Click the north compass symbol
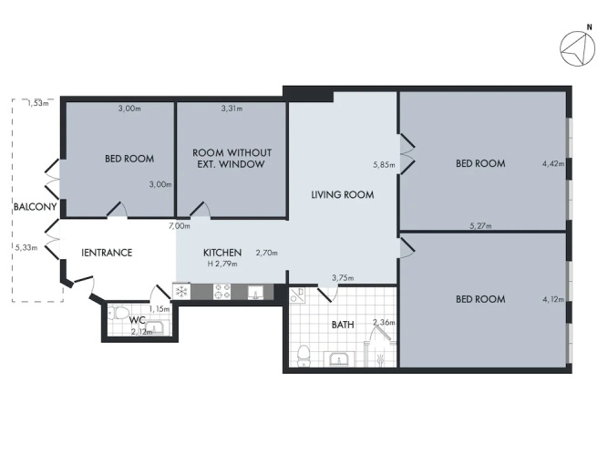(x=577, y=48)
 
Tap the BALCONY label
(x=36, y=207)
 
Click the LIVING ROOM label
(x=343, y=194)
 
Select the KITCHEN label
(x=222, y=253)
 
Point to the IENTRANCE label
(x=107, y=253)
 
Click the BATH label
(x=343, y=325)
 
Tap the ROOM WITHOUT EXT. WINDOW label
(x=232, y=159)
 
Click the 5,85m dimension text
(x=384, y=165)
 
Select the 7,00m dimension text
(x=180, y=226)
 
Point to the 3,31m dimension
(x=232, y=109)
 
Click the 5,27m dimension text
(x=480, y=225)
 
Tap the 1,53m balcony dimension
(x=38, y=103)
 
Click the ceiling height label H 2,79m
(x=222, y=264)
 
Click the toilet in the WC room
(x=119, y=312)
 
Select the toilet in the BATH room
(x=304, y=357)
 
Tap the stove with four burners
(x=222, y=292)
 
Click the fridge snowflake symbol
(x=181, y=292)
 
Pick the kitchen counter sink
(x=255, y=292)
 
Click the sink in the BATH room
(x=340, y=359)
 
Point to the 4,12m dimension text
(x=553, y=299)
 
